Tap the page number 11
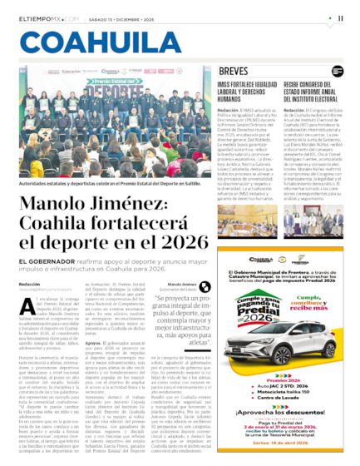(341, 17)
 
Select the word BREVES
(234, 72)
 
